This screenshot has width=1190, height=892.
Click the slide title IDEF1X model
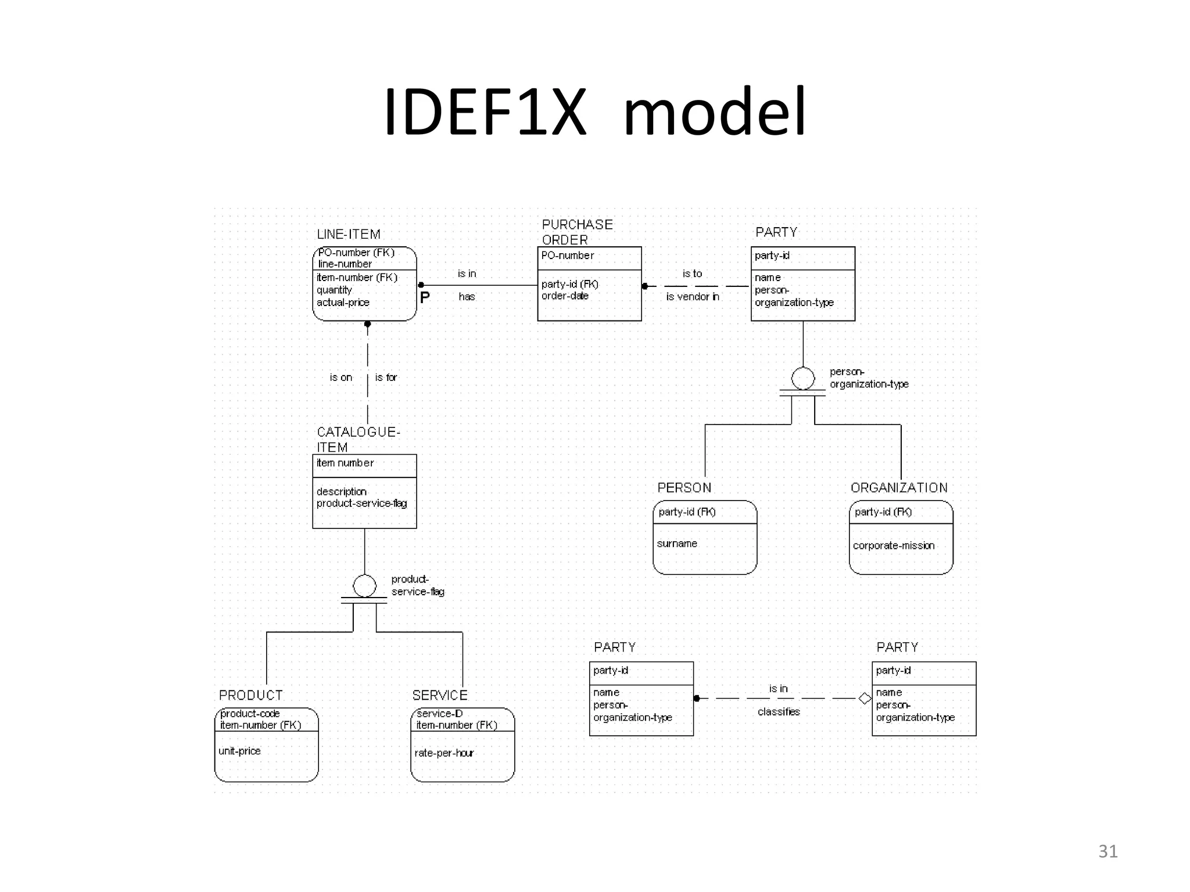tap(595, 111)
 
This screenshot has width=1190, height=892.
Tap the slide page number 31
tap(1107, 851)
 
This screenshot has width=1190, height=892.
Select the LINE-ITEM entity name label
tap(349, 234)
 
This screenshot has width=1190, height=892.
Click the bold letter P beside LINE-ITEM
tap(425, 297)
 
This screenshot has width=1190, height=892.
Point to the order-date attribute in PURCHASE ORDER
tap(565, 296)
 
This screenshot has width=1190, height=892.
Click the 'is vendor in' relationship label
tap(692, 296)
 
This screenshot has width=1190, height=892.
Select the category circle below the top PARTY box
tap(803, 379)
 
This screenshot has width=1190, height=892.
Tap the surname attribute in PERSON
tap(677, 544)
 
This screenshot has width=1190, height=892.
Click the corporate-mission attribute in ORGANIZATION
tap(894, 545)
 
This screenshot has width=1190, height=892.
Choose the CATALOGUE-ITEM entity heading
tap(358, 439)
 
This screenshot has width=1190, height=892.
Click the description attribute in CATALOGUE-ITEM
tap(342, 491)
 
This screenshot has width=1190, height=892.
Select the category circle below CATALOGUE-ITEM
tap(364, 586)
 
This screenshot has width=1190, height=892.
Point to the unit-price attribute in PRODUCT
tap(239, 751)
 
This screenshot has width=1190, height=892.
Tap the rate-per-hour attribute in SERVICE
tap(444, 753)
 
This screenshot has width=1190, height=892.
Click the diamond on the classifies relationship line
tap(865, 698)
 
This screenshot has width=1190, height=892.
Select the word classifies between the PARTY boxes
tap(779, 711)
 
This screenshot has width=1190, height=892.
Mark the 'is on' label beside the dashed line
tap(341, 377)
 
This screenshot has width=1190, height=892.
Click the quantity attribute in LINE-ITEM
tap(334, 290)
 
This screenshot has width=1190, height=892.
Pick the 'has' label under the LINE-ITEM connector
tap(467, 296)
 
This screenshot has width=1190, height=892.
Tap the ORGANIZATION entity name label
tap(899, 488)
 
